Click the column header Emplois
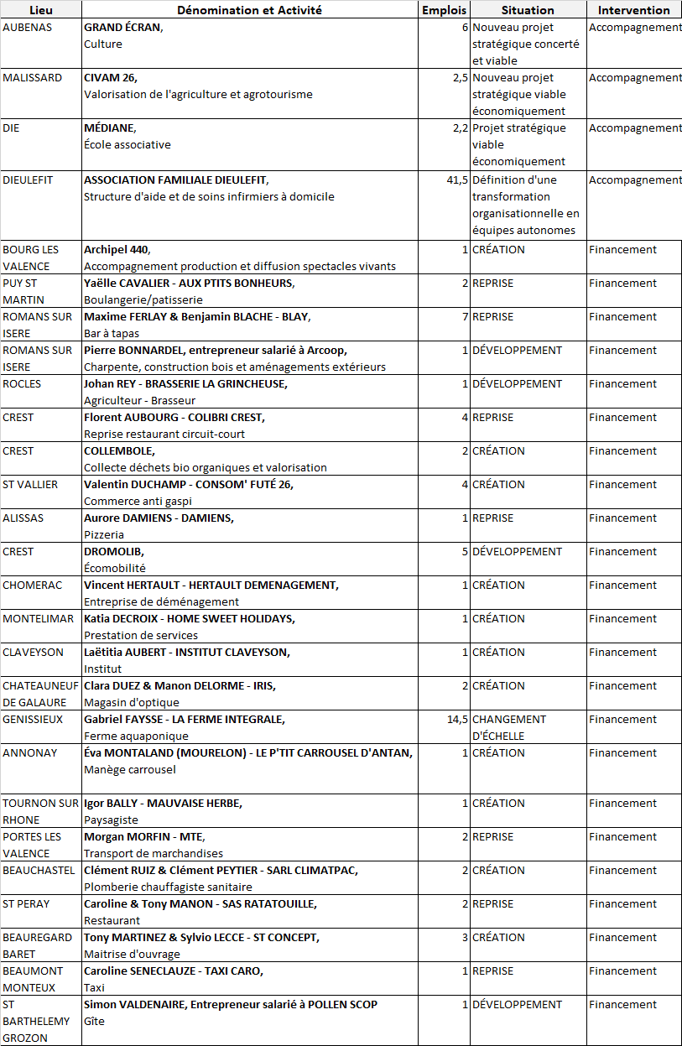coord(444,10)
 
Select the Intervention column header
coord(633,10)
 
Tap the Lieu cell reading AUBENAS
coord(28,27)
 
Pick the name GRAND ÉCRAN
coord(122,27)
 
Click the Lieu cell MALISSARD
coord(33,77)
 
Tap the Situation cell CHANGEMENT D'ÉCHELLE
coord(509,727)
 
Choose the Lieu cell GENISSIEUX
coord(32,719)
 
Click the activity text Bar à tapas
coord(112,333)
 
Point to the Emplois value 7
coord(465,316)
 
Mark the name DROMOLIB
coord(114,551)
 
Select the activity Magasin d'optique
coord(131,702)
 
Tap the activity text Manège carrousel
coord(130,769)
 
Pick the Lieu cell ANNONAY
coord(30,752)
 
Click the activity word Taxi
coord(94,987)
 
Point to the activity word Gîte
coord(93,1021)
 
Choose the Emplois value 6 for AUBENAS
coord(465,27)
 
